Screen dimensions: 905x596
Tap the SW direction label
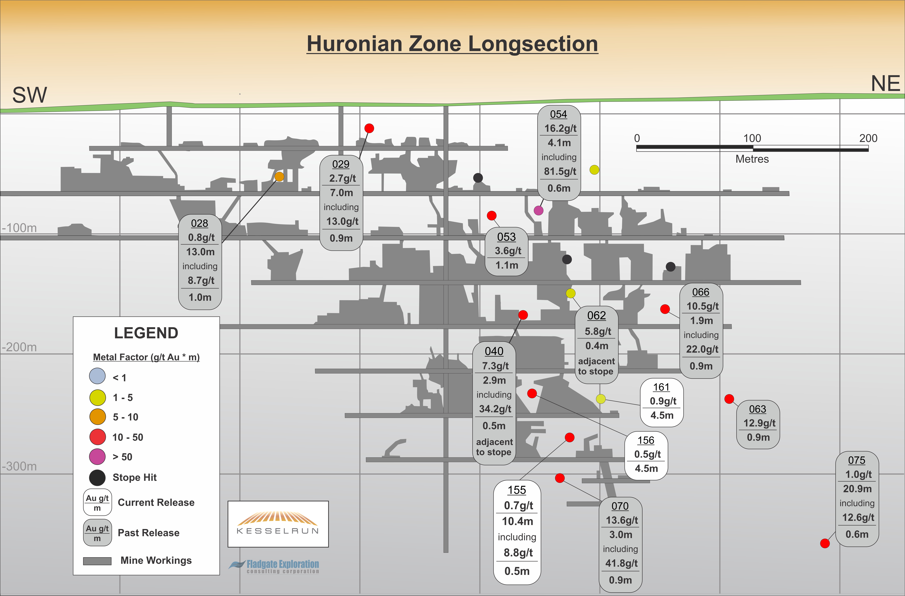[30, 95]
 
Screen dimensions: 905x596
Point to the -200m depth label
[19, 347]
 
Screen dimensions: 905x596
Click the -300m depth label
[19, 466]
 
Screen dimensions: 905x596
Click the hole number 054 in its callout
[558, 114]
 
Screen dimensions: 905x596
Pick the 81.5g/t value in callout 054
[560, 171]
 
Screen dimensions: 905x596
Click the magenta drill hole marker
[538, 210]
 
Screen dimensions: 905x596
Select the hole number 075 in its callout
[857, 460]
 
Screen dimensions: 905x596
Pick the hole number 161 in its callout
[661, 387]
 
